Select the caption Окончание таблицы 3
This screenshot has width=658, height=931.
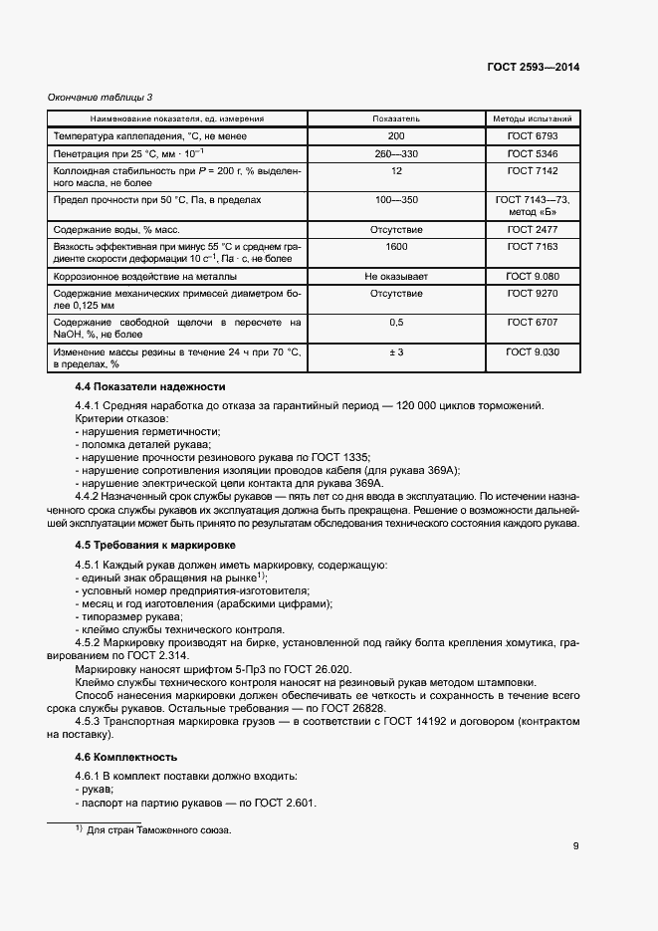click(x=101, y=97)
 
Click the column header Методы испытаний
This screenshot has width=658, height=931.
click(x=533, y=118)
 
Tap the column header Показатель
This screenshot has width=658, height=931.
click(x=396, y=118)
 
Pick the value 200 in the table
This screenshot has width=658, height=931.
click(x=396, y=135)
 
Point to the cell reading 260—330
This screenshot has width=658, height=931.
click(x=396, y=153)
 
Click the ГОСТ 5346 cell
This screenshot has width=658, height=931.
click(x=533, y=153)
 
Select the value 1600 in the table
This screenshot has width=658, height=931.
click(x=396, y=246)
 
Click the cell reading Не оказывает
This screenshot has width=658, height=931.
click(x=396, y=275)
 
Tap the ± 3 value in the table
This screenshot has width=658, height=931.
click(x=396, y=352)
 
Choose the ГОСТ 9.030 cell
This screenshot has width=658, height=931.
click(x=533, y=352)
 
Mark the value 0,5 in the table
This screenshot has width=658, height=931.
click(x=396, y=323)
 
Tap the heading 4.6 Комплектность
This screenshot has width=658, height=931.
click(x=133, y=757)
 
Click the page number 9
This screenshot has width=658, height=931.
click(x=576, y=846)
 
